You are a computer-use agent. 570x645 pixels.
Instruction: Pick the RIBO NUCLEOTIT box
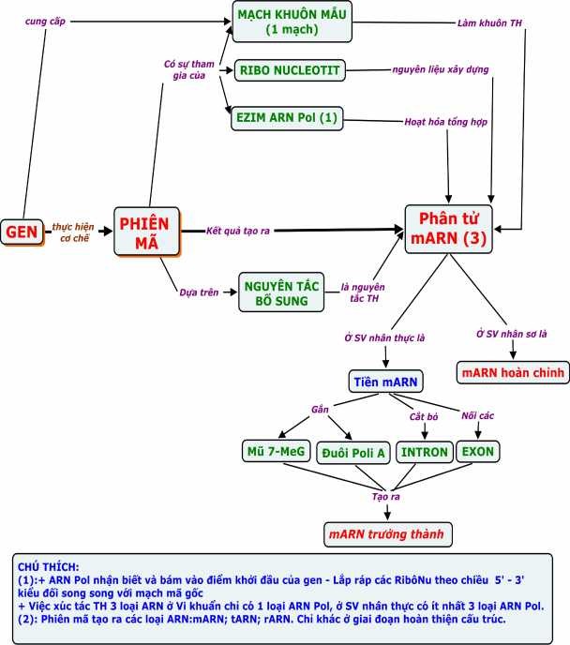pos(291,70)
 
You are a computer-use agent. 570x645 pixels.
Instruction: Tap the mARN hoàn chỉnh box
pos(512,372)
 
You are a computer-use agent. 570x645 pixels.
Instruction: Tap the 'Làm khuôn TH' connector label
pos(490,22)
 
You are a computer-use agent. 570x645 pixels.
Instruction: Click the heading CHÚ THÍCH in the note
pos(48,567)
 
